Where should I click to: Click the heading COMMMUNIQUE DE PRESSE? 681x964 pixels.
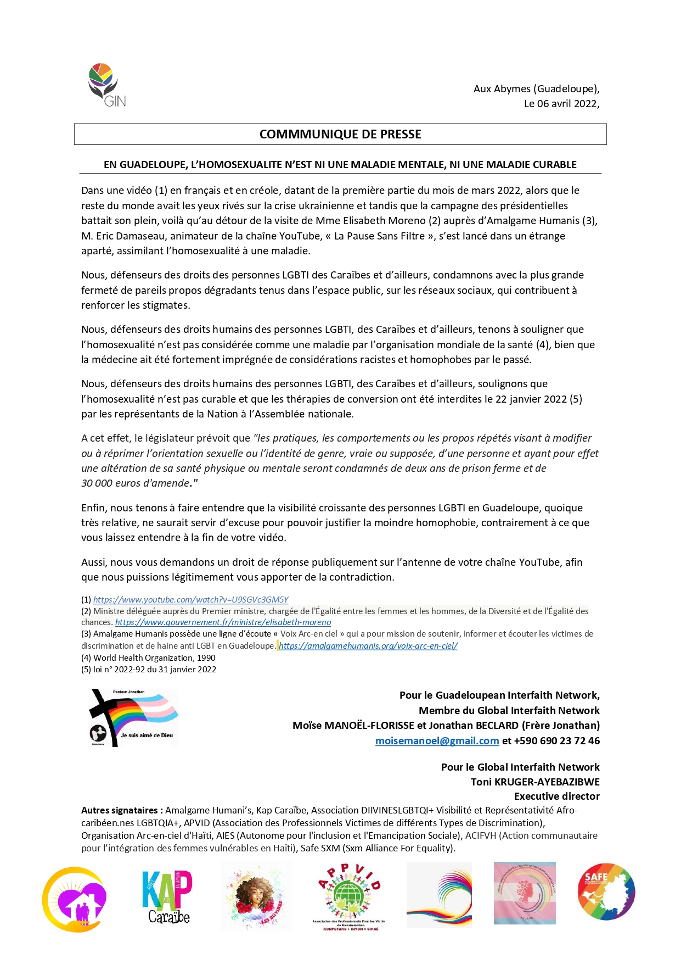(x=340, y=135)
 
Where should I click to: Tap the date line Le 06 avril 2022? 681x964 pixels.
(x=561, y=104)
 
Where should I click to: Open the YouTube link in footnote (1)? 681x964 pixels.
(x=190, y=600)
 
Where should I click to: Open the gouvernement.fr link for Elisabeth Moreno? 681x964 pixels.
(x=223, y=622)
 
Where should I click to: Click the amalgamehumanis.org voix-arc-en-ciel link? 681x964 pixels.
(x=368, y=646)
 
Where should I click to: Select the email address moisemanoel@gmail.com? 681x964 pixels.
(x=437, y=741)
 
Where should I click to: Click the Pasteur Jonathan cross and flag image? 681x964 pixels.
(x=133, y=717)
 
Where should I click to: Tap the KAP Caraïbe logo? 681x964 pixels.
(x=167, y=896)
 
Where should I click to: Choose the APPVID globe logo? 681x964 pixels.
(x=347, y=896)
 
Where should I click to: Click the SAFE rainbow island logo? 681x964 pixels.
(x=606, y=891)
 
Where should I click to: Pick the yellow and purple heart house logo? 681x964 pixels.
(x=75, y=899)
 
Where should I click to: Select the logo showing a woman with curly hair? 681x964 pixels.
(x=256, y=896)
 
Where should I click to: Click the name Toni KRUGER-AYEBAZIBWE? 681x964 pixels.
(x=535, y=782)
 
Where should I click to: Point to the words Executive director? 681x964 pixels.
(x=556, y=796)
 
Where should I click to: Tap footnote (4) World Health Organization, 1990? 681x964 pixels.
(x=148, y=658)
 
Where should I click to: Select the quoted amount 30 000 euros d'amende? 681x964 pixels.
(x=136, y=483)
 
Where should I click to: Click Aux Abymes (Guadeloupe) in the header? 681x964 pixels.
(x=536, y=89)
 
